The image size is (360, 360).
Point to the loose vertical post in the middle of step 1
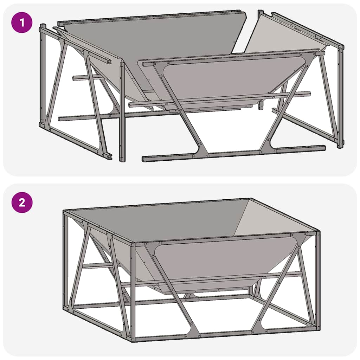point(122,112)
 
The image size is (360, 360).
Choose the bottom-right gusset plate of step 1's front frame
point(267,148)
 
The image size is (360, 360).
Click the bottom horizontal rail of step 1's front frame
point(232,154)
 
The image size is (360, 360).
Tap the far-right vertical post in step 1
point(340,98)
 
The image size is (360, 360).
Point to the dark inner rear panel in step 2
point(158,220)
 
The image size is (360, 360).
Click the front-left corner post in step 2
point(133,292)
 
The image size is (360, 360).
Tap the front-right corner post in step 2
point(318,281)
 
